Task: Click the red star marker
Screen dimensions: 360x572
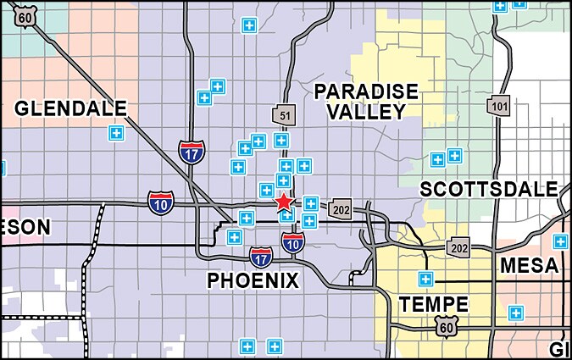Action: (x=284, y=202)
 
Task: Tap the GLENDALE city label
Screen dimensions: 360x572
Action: (x=70, y=108)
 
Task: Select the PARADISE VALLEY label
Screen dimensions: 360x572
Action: (x=353, y=102)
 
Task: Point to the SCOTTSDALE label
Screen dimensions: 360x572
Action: (x=489, y=188)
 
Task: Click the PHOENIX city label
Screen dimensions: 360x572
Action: (x=253, y=280)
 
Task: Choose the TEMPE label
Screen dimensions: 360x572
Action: (x=434, y=304)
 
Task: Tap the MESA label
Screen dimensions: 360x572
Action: (x=529, y=265)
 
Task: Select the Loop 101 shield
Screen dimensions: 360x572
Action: (x=497, y=105)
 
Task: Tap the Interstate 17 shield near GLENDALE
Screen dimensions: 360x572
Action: (x=191, y=152)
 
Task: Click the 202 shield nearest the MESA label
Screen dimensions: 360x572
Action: (x=459, y=246)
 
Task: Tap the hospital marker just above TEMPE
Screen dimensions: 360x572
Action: (x=425, y=279)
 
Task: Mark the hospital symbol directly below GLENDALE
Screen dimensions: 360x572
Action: (x=115, y=132)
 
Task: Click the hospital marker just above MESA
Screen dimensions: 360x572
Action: (x=559, y=241)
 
